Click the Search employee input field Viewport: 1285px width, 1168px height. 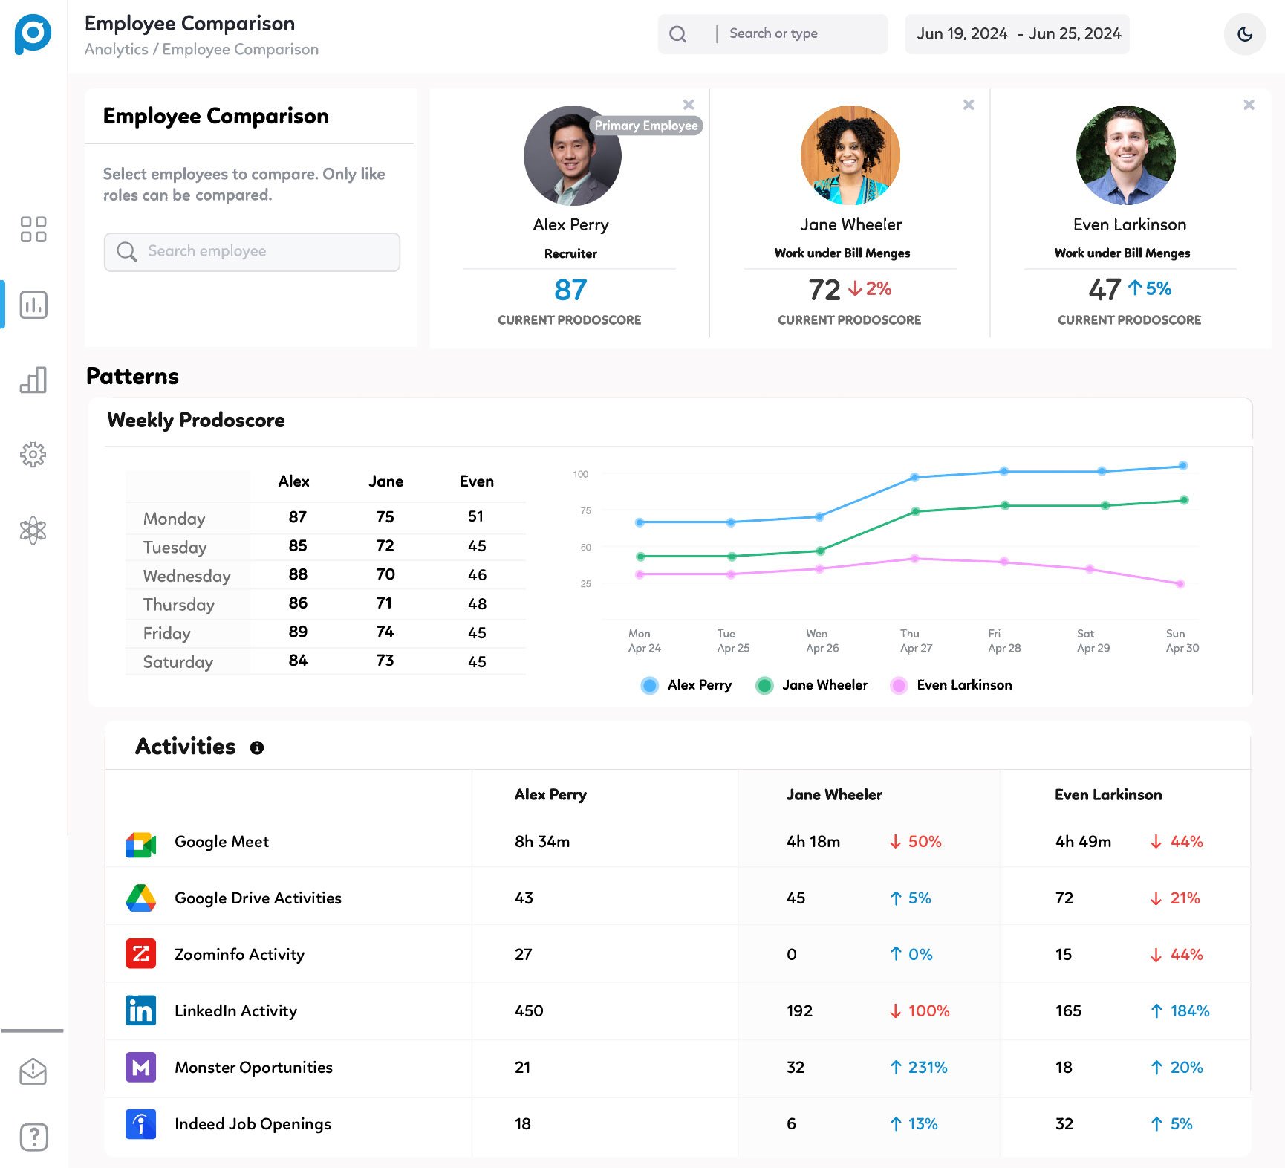pyautogui.click(x=253, y=252)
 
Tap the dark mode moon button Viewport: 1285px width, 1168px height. pyautogui.click(x=1245, y=34)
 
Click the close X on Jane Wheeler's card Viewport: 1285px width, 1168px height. pyautogui.click(x=969, y=105)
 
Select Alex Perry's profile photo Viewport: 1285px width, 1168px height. pyautogui.click(x=571, y=156)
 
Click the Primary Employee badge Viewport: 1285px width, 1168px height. pyautogui.click(x=646, y=126)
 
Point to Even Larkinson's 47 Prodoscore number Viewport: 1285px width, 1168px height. pyautogui.click(x=1105, y=290)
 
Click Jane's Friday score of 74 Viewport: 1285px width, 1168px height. pyautogui.click(x=385, y=632)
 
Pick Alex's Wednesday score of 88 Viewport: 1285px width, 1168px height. pyautogui.click(x=298, y=574)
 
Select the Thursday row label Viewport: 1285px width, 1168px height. pyautogui.click(x=179, y=605)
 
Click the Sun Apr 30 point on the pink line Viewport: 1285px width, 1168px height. pyautogui.click(x=1180, y=584)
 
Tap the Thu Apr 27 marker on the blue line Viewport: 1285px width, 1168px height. pyautogui.click(x=914, y=478)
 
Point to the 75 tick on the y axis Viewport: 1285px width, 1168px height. pyautogui.click(x=586, y=511)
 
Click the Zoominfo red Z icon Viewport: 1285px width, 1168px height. pyautogui.click(x=141, y=954)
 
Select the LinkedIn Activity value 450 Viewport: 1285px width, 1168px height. pyautogui.click(x=529, y=1011)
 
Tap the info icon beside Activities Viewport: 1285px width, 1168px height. pyautogui.click(x=257, y=748)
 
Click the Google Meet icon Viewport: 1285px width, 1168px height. pyautogui.click(x=141, y=843)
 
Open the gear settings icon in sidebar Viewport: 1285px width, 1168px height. pyautogui.click(x=33, y=455)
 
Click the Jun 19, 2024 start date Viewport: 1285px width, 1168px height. pyautogui.click(x=962, y=34)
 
